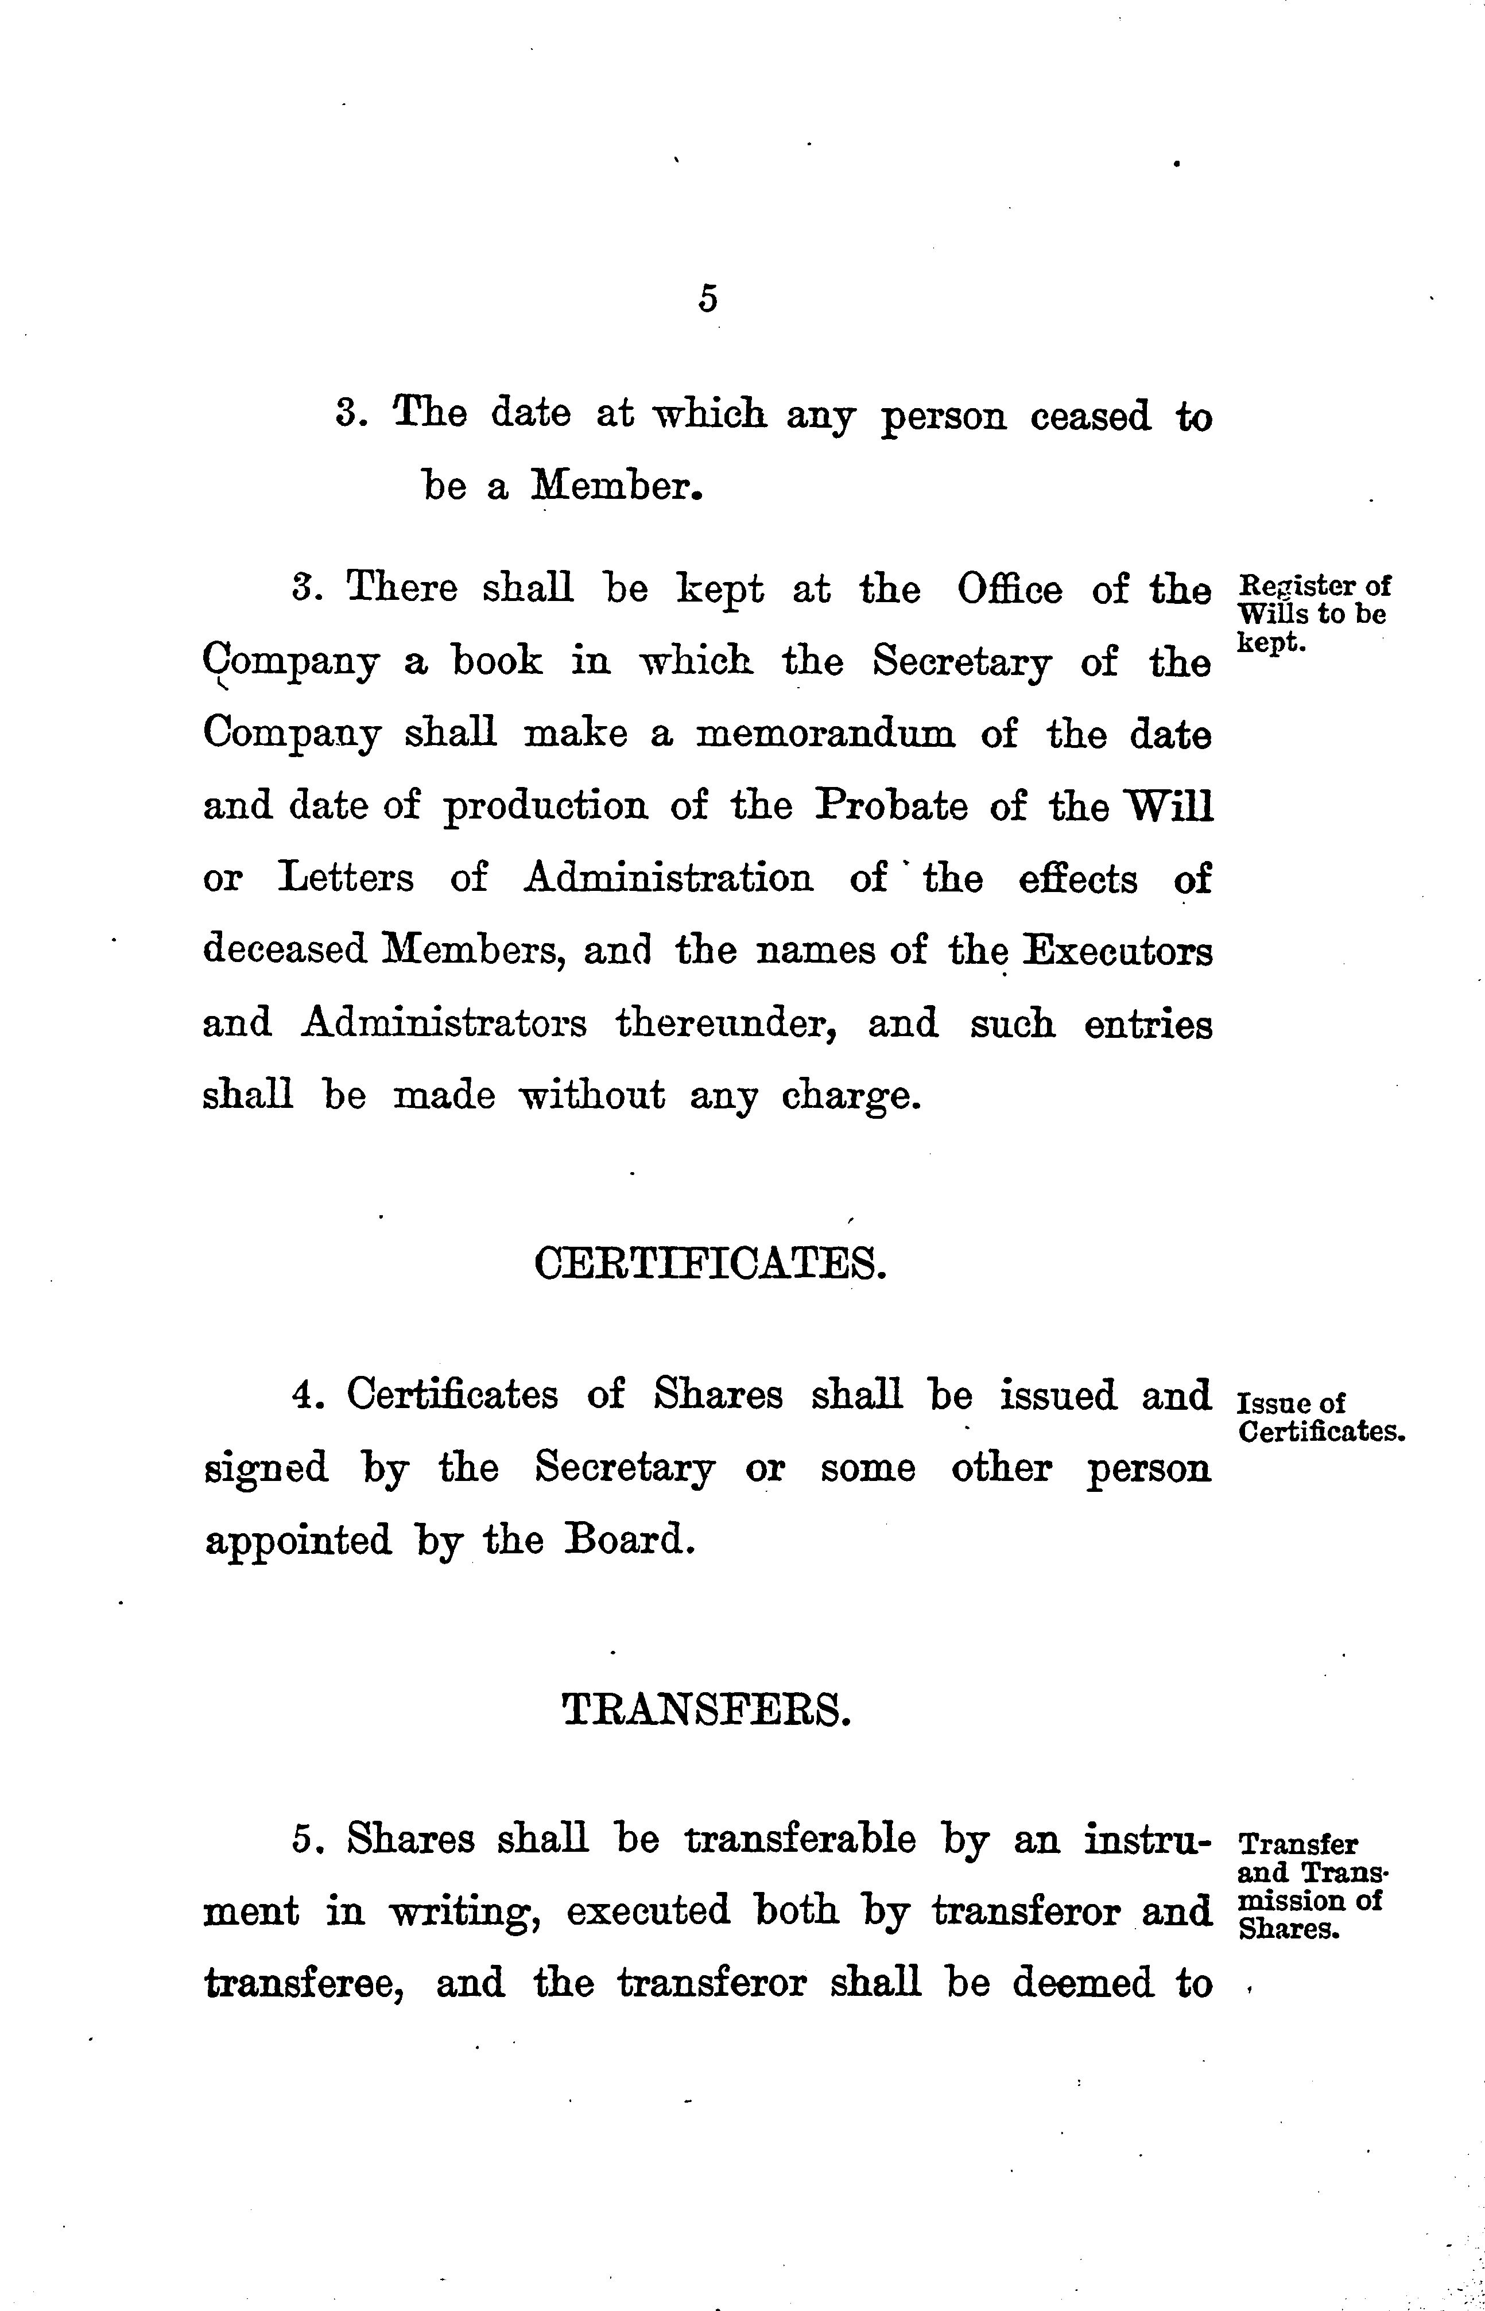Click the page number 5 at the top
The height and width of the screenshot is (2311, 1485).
click(x=708, y=300)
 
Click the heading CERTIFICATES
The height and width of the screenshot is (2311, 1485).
click(x=709, y=1263)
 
